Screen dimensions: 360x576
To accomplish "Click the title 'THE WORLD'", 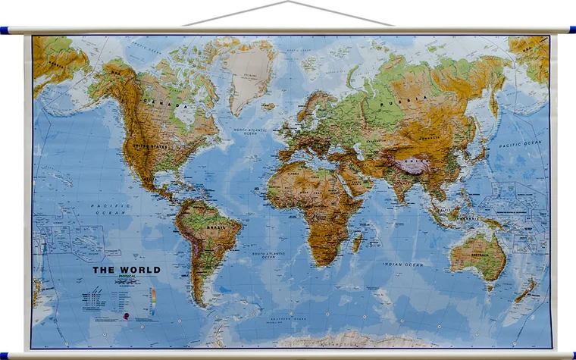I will point(127,269).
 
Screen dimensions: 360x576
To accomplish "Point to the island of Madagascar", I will point(356,243).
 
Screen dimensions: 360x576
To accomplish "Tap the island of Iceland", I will point(269,107).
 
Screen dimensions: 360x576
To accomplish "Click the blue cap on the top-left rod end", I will point(5,30).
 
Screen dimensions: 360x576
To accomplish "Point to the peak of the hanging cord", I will point(288,2).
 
